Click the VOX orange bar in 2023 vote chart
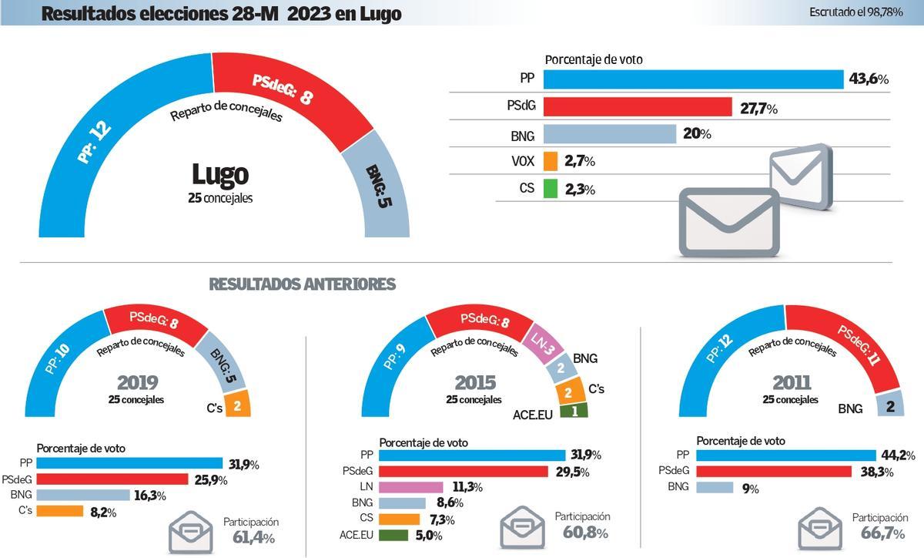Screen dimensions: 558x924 (x=550, y=161)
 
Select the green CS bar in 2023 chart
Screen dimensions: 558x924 (x=550, y=188)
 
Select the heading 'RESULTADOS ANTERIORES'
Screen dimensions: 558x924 (x=302, y=284)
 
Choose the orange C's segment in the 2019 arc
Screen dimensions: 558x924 (x=236, y=405)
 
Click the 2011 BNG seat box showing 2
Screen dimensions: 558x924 (x=889, y=404)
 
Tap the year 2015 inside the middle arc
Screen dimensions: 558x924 (x=475, y=382)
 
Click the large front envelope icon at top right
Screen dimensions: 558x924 (x=728, y=223)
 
